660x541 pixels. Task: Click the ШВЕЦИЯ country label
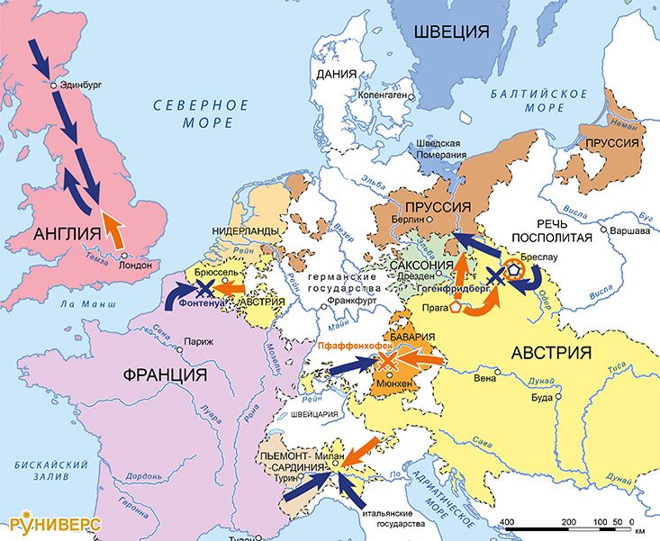451,33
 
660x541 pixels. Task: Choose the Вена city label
485,379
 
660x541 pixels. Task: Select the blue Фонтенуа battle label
204,304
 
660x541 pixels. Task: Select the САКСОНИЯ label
421,266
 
